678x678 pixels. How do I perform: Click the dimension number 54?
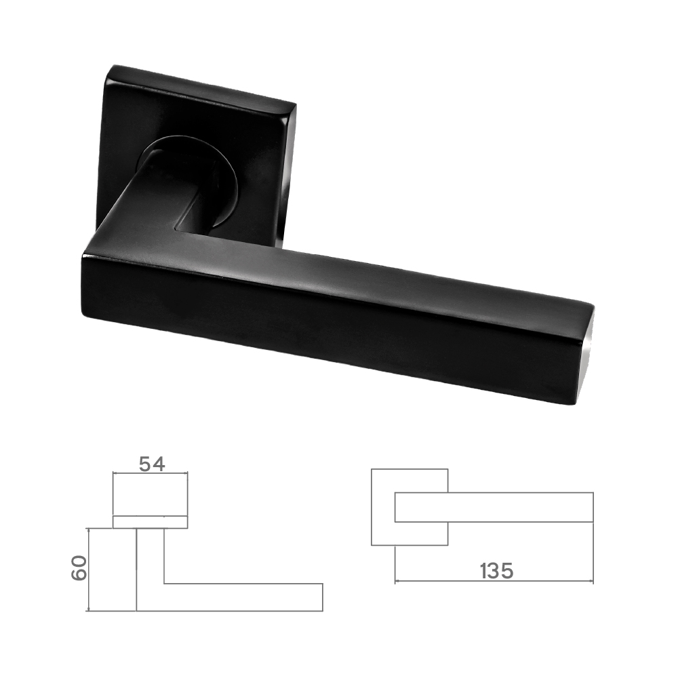pyautogui.click(x=152, y=464)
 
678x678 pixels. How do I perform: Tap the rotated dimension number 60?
pyautogui.click(x=79, y=567)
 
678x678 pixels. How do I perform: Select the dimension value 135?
pyautogui.click(x=496, y=571)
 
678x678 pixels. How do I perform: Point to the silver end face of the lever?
pyautogui.click(x=587, y=359)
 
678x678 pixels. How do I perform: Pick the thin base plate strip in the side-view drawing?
pyautogui.click(x=150, y=522)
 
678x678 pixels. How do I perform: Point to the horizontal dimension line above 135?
pyautogui.click(x=494, y=582)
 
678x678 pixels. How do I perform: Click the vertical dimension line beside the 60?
pyautogui.click(x=89, y=570)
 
